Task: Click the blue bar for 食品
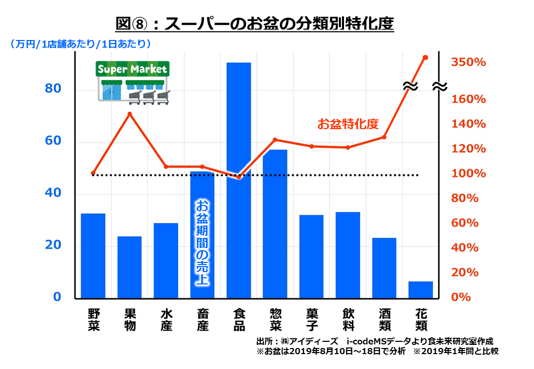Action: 239,180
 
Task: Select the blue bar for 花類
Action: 421,290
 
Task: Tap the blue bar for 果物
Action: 129,267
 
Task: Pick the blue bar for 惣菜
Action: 275,224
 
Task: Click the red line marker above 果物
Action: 130,114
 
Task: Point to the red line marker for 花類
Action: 425,57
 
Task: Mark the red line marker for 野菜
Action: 93,173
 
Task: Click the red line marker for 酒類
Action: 384,137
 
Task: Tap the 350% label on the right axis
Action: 468,63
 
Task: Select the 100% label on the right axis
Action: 468,174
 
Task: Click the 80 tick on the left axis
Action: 53,89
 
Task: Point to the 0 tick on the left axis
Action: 57,297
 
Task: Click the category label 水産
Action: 166,319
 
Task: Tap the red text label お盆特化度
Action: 348,124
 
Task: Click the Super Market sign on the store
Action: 132,69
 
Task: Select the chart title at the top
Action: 255,24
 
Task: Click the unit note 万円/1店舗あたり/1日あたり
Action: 80,45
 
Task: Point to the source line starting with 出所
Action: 377,341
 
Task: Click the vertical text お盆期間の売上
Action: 202,241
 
